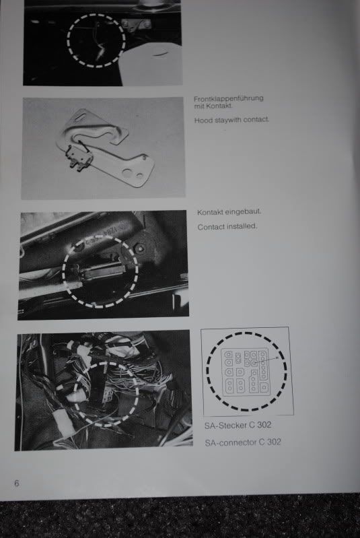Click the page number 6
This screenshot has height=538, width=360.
coord(16,483)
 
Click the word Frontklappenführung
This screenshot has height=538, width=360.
coord(229,99)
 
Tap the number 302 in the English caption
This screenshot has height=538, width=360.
coord(274,442)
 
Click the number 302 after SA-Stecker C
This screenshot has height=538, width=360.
coord(264,425)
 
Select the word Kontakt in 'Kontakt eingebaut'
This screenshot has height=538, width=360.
coord(210,212)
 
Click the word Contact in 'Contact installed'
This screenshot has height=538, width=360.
coord(210,227)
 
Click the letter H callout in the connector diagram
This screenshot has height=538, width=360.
coord(277,358)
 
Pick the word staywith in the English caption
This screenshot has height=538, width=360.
coord(228,120)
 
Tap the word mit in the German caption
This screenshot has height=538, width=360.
coord(199,106)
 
